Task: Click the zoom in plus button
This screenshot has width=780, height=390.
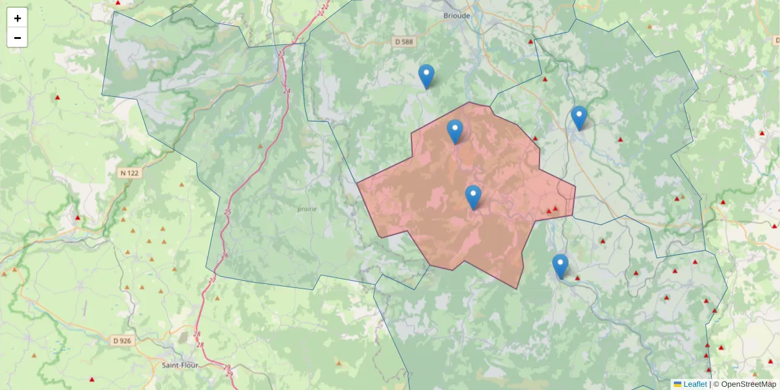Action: click(18, 18)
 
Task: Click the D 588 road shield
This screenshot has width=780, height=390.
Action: click(404, 42)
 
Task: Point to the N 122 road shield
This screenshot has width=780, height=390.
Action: click(129, 173)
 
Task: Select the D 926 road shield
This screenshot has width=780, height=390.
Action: click(122, 340)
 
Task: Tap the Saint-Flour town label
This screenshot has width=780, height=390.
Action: click(179, 365)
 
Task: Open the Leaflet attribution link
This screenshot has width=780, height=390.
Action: click(694, 384)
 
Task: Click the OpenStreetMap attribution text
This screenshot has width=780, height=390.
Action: click(748, 384)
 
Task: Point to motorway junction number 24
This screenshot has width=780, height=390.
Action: click(287, 90)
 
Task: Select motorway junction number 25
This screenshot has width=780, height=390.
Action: click(227, 212)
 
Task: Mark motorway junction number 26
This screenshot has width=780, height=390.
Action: click(225, 255)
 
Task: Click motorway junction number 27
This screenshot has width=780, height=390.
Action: click(212, 280)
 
